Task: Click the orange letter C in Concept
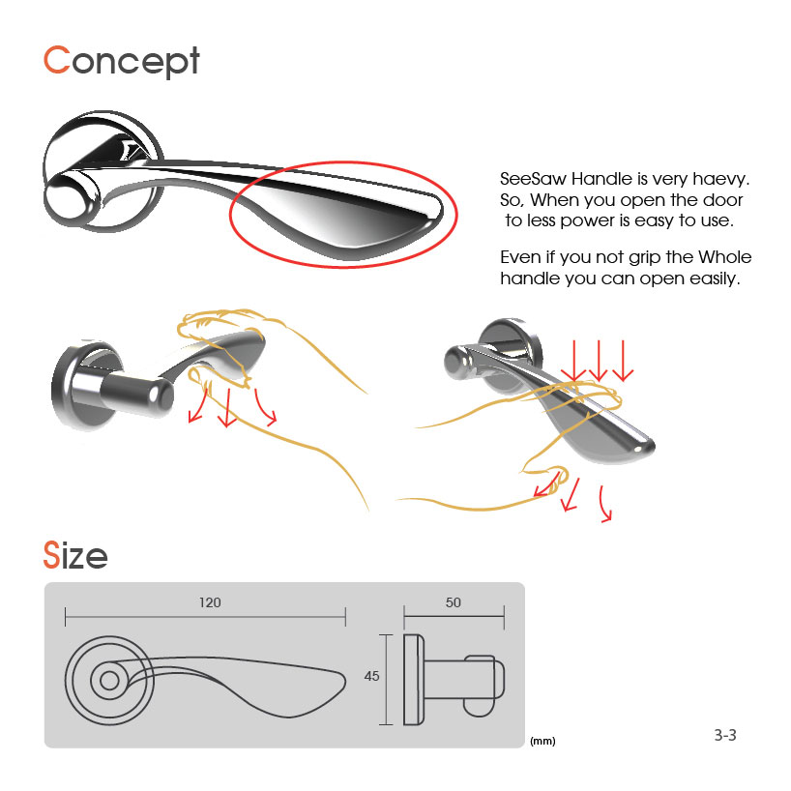coord(56,60)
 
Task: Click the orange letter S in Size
coord(53,555)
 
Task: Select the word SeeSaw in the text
coord(531,179)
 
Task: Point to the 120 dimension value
coord(210,602)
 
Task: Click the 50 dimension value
coord(454,602)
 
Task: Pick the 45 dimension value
coord(371,677)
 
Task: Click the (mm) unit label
coord(542,742)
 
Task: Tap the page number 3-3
coord(725,735)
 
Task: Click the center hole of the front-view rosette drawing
coord(109,680)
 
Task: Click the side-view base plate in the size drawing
coord(411,679)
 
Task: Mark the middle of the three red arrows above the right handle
coord(599,360)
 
